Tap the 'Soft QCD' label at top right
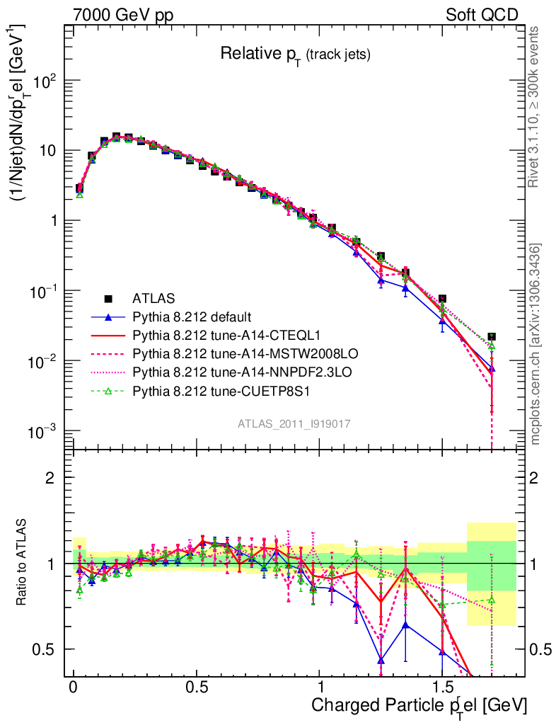coord(482,15)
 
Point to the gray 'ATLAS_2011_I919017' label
coord(294,423)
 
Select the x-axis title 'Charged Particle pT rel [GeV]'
coord(419,705)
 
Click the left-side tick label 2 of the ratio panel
coord(50,477)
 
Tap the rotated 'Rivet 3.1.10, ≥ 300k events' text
coord(535,106)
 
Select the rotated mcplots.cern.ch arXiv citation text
coord(535,344)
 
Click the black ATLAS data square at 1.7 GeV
coord(492,337)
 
